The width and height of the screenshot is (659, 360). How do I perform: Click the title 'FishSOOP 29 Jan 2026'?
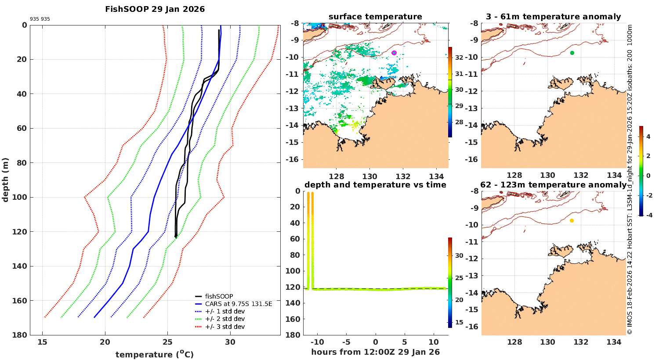point(155,9)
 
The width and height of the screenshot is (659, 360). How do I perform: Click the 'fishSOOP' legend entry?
point(219,296)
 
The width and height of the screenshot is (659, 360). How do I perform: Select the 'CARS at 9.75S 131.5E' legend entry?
point(239,304)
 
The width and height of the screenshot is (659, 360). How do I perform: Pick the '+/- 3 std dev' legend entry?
point(224,327)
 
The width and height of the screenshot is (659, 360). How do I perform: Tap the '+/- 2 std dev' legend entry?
point(224,319)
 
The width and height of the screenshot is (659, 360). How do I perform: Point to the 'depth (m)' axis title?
point(6,180)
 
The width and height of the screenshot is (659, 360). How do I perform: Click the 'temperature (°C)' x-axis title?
point(154,354)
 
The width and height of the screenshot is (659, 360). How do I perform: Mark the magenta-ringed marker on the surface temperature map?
point(394,53)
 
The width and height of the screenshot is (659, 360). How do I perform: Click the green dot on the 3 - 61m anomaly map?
point(572,53)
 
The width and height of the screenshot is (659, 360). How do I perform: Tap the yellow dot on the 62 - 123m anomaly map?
point(572,220)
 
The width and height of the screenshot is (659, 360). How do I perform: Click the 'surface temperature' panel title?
point(375,17)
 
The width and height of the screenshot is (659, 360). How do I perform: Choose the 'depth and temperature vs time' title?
point(375,185)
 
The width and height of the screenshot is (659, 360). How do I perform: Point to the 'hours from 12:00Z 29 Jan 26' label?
point(375,352)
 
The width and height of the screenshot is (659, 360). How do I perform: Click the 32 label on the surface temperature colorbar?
point(459,58)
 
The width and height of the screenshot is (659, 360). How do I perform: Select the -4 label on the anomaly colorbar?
point(648,215)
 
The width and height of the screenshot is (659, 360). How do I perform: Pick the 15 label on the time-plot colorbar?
point(459,322)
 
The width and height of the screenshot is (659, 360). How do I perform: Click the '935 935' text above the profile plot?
point(40,19)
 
